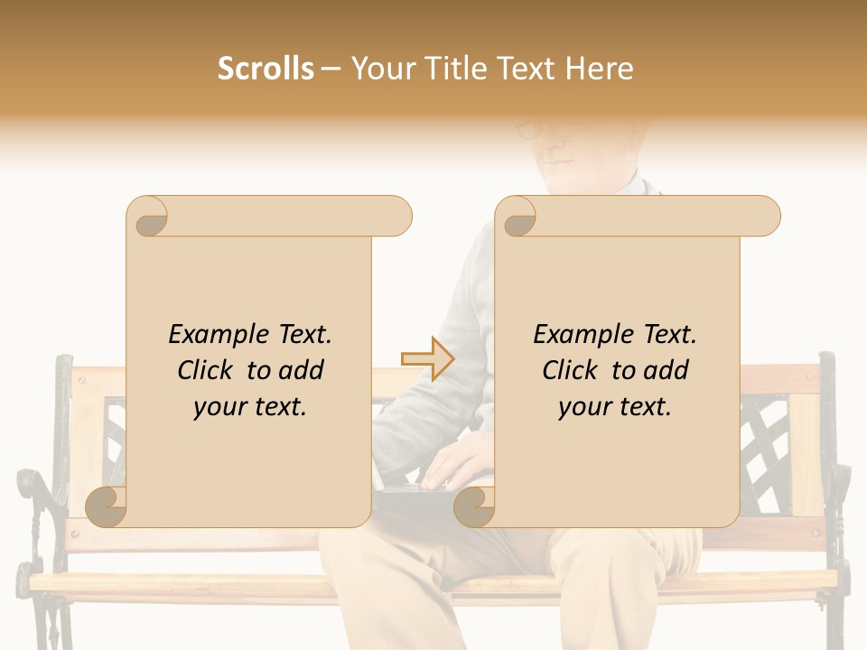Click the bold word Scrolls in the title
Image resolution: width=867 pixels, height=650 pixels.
(266, 69)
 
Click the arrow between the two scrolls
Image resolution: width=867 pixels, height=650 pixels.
(427, 358)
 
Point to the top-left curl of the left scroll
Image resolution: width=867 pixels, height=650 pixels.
(148, 218)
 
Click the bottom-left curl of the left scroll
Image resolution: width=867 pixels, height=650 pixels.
(107, 507)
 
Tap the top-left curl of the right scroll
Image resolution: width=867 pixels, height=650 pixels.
(517, 218)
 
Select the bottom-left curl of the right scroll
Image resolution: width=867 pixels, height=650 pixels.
(474, 507)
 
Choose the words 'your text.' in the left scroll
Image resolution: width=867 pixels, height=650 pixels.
(250, 407)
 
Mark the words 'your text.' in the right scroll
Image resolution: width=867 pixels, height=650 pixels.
(615, 407)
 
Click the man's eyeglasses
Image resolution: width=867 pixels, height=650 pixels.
(542, 130)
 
